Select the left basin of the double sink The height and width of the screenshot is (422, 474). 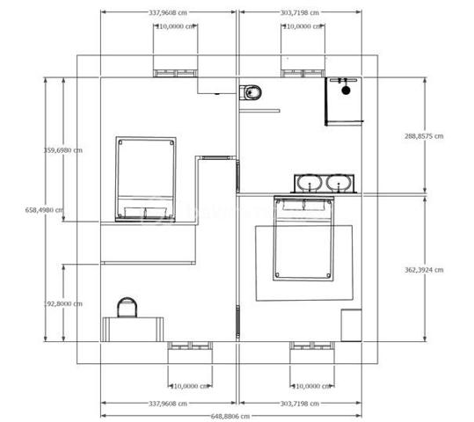(309, 184)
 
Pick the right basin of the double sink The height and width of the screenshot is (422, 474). (339, 184)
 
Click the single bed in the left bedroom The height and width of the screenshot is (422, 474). (147, 179)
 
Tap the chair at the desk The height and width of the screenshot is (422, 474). (128, 307)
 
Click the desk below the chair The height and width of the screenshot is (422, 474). (133, 330)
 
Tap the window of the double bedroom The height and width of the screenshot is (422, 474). (313, 346)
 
